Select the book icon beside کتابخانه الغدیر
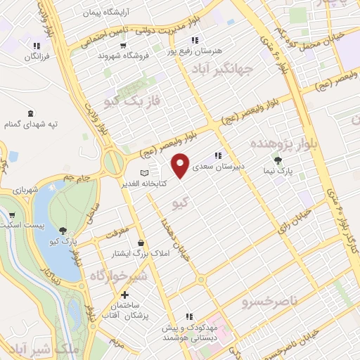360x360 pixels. pyautogui.click(x=144, y=172)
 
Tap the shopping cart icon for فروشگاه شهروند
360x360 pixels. pyautogui.click(x=124, y=45)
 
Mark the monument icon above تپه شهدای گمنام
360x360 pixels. pyautogui.click(x=30, y=113)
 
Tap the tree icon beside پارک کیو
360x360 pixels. pyautogui.click(x=64, y=230)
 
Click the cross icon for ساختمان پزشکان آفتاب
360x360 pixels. pyautogui.click(x=124, y=295)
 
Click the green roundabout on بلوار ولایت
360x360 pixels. pyautogui.click(x=112, y=163)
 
